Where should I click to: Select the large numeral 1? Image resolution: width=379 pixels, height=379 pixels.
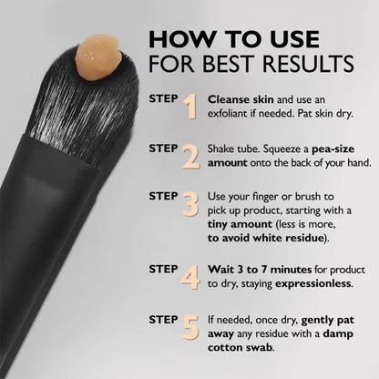coord(190,108)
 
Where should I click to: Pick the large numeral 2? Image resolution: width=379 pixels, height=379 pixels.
coord(190,158)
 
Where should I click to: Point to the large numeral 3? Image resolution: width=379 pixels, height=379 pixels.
coord(190,206)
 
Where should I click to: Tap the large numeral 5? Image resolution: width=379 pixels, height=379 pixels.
coord(190,325)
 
